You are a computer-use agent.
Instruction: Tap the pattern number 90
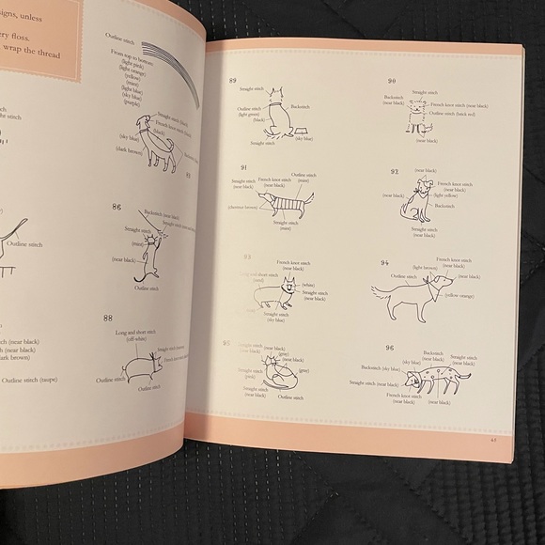click(x=392, y=82)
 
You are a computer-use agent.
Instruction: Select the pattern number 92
click(x=395, y=172)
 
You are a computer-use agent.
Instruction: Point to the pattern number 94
click(x=384, y=264)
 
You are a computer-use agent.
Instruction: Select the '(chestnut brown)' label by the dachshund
click(x=243, y=207)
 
